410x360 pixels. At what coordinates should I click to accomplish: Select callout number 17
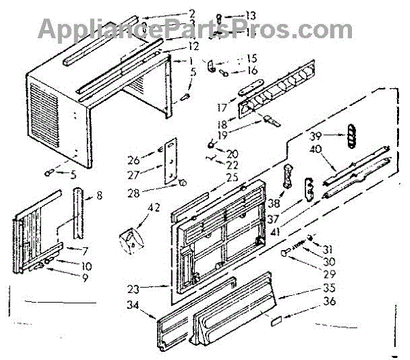(x=221, y=107)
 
